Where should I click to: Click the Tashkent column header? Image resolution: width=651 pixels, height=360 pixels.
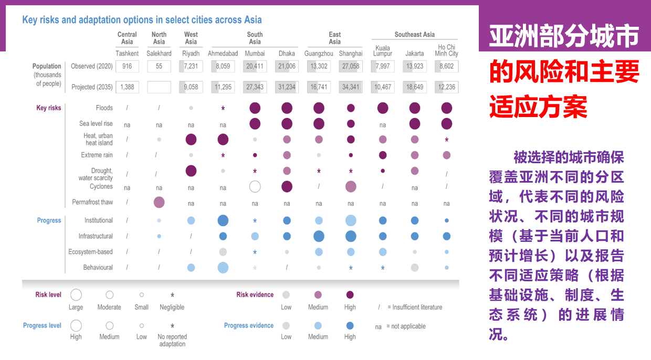click(127, 54)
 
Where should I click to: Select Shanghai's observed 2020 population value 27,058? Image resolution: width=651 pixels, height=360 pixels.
click(350, 66)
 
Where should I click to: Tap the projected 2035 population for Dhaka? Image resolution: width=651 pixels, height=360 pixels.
click(287, 87)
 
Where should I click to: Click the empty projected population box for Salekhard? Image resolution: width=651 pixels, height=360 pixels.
click(159, 87)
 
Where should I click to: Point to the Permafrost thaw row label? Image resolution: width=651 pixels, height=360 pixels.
click(92, 202)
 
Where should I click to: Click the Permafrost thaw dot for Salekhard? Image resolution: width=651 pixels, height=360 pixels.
click(159, 202)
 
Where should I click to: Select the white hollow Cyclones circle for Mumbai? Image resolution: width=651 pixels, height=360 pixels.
click(255, 186)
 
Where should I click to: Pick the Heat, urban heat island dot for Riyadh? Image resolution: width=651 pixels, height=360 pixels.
click(191, 139)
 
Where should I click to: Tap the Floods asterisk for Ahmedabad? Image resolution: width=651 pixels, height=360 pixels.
click(223, 109)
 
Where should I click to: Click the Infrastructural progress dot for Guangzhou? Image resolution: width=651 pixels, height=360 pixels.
click(319, 236)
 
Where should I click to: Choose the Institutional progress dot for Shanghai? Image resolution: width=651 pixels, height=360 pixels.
click(351, 220)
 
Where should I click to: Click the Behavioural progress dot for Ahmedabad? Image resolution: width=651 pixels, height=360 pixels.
click(223, 268)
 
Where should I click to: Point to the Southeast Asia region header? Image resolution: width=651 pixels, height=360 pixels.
click(414, 35)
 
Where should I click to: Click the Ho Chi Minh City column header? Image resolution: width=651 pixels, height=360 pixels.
click(446, 50)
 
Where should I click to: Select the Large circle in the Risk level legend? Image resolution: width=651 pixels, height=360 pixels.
click(76, 295)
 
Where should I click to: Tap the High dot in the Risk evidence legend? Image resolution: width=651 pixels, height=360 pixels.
click(350, 295)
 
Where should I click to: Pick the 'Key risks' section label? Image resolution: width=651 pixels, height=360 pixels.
click(49, 108)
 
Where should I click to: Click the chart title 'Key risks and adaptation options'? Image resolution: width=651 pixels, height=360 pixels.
click(142, 20)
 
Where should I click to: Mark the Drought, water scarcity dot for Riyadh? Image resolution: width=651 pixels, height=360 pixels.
click(191, 171)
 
